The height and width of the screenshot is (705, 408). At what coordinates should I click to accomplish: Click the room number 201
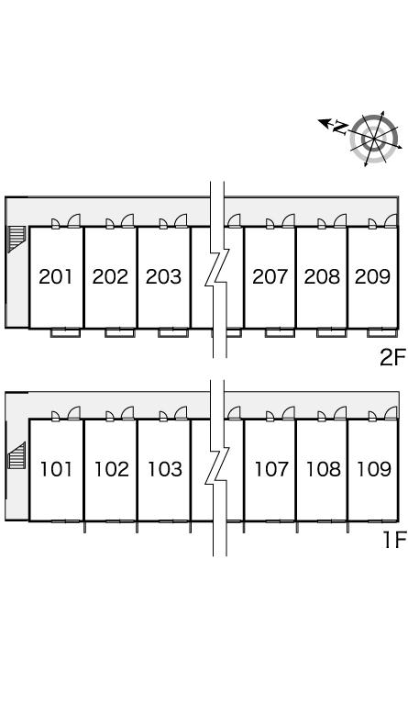(55, 276)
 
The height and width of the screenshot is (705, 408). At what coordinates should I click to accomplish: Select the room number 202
(110, 276)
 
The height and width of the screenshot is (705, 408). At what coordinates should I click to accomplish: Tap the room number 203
(163, 276)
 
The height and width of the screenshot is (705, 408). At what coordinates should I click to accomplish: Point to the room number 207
(270, 276)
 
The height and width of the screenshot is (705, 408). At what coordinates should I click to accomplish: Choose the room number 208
(322, 276)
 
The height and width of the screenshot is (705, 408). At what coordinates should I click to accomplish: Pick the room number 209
(372, 276)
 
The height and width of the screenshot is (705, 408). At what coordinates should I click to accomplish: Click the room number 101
(56, 469)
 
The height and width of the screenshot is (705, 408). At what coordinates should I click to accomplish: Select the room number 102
(111, 469)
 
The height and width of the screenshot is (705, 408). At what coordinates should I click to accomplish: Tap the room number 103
(165, 469)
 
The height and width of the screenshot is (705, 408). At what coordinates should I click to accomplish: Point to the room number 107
(271, 469)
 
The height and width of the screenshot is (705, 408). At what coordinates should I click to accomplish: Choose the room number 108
(323, 469)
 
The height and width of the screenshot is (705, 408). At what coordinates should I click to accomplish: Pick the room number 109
(374, 469)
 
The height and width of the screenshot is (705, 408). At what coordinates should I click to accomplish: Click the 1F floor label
(394, 540)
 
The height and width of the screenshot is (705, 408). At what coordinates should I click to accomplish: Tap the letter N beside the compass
(340, 128)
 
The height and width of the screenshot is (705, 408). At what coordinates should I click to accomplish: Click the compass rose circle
(374, 138)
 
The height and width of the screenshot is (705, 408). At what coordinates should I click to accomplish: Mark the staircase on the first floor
(17, 455)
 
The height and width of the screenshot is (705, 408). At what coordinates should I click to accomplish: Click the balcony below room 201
(65, 332)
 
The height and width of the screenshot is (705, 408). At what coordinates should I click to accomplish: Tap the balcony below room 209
(382, 332)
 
